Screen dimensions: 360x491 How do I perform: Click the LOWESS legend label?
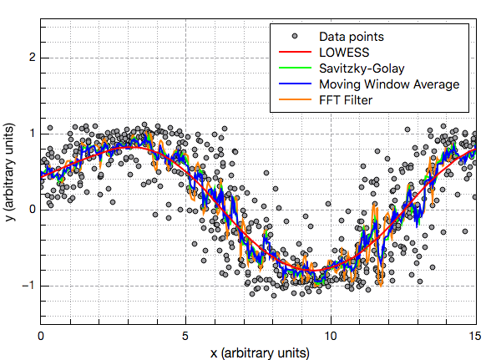[x=346, y=53]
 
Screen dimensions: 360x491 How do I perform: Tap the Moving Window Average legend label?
[x=389, y=84]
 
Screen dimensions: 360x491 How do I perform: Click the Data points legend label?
[x=352, y=37]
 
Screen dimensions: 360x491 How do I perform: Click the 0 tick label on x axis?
[x=41, y=335]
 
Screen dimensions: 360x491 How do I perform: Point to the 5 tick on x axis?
[x=185, y=335]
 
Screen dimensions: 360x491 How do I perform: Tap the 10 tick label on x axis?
[x=330, y=335]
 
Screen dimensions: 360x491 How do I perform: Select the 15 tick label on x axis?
[x=474, y=335]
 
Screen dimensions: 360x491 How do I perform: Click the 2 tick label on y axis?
[x=31, y=58]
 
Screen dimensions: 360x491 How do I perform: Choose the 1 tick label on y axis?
[x=31, y=134]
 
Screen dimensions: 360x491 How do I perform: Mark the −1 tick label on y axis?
[x=28, y=286]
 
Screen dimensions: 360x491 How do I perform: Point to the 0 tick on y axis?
[x=31, y=210]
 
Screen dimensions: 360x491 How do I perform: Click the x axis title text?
[x=258, y=352]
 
